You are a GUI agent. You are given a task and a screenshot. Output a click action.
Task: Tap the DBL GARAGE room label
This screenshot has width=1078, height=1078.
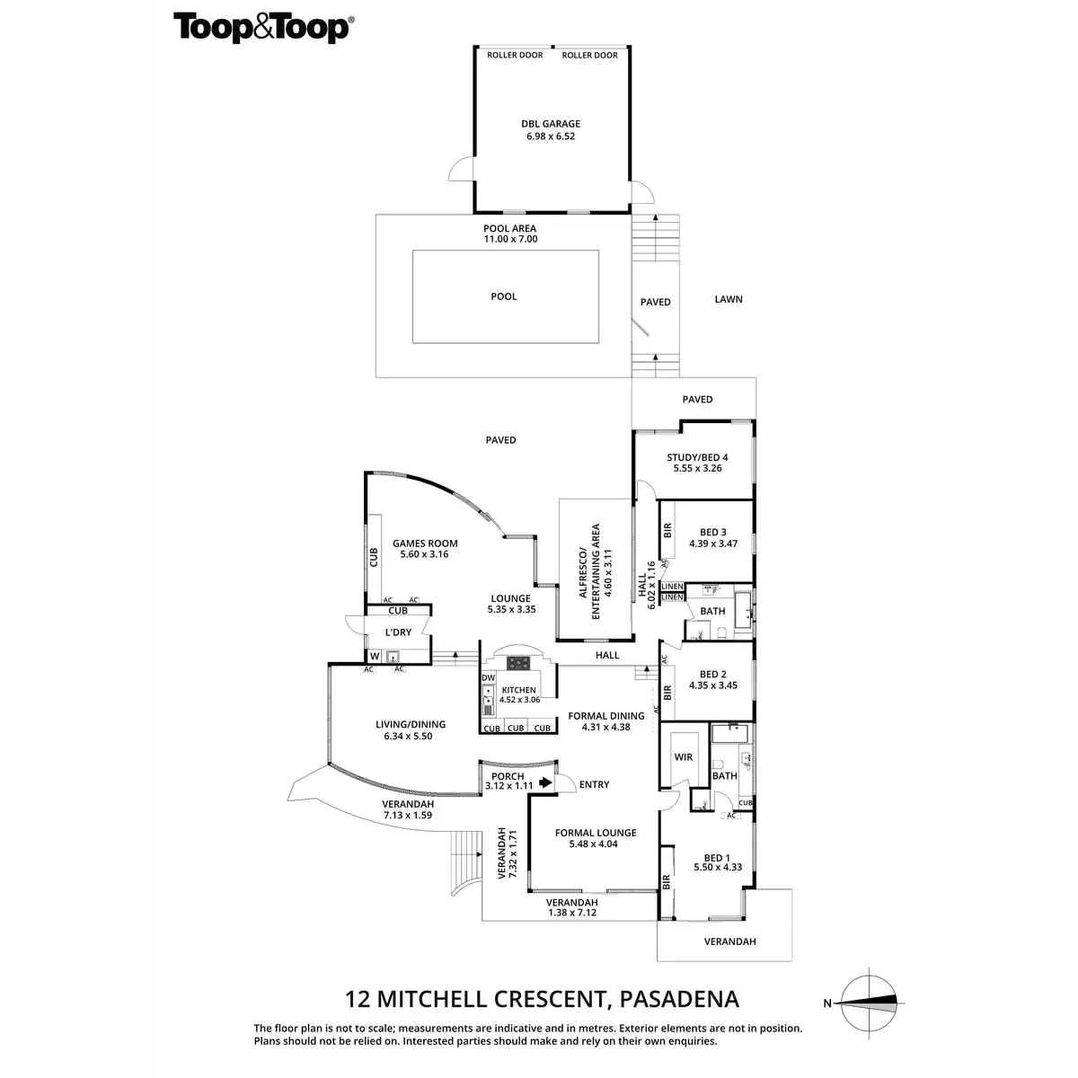(x=551, y=124)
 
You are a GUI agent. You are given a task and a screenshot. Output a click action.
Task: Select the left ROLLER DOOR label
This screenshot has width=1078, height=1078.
(x=515, y=56)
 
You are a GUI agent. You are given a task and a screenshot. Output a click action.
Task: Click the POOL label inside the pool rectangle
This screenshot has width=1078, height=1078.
(x=504, y=296)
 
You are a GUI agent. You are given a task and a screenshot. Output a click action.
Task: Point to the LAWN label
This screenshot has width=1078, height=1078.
(x=729, y=299)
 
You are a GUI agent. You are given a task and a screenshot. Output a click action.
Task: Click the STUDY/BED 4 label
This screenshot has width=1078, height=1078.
(x=697, y=457)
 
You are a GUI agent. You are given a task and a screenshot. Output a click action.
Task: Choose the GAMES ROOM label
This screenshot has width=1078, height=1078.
(x=425, y=543)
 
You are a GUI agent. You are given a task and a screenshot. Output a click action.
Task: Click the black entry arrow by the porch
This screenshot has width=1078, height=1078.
(x=545, y=783)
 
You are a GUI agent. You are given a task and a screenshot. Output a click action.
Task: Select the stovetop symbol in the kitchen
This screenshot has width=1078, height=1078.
(x=518, y=663)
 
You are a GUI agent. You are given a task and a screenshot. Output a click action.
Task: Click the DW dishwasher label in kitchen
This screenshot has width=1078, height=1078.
(x=489, y=678)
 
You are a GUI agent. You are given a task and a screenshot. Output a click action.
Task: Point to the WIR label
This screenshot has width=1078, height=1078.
(x=684, y=757)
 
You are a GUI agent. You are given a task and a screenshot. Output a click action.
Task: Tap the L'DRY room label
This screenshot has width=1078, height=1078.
(x=398, y=632)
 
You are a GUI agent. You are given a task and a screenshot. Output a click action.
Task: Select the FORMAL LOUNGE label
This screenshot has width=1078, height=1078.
(x=596, y=833)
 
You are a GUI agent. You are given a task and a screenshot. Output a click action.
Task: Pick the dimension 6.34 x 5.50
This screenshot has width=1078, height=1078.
(x=410, y=737)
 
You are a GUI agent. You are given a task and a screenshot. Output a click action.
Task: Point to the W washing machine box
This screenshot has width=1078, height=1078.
(x=375, y=657)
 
